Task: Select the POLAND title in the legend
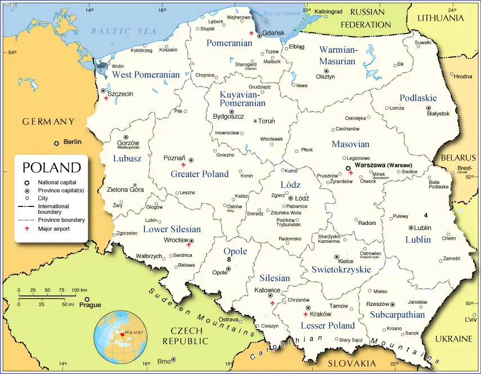(x=51, y=168)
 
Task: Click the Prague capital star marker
(x=87, y=299)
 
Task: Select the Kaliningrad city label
(x=328, y=11)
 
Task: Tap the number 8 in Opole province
(x=229, y=260)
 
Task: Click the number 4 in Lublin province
(x=426, y=215)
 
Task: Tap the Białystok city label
(x=438, y=114)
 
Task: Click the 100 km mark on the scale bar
(x=79, y=290)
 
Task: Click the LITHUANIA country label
(x=440, y=18)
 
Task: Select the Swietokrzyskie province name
(x=341, y=269)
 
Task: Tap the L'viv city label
(x=455, y=319)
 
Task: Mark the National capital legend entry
(x=56, y=182)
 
